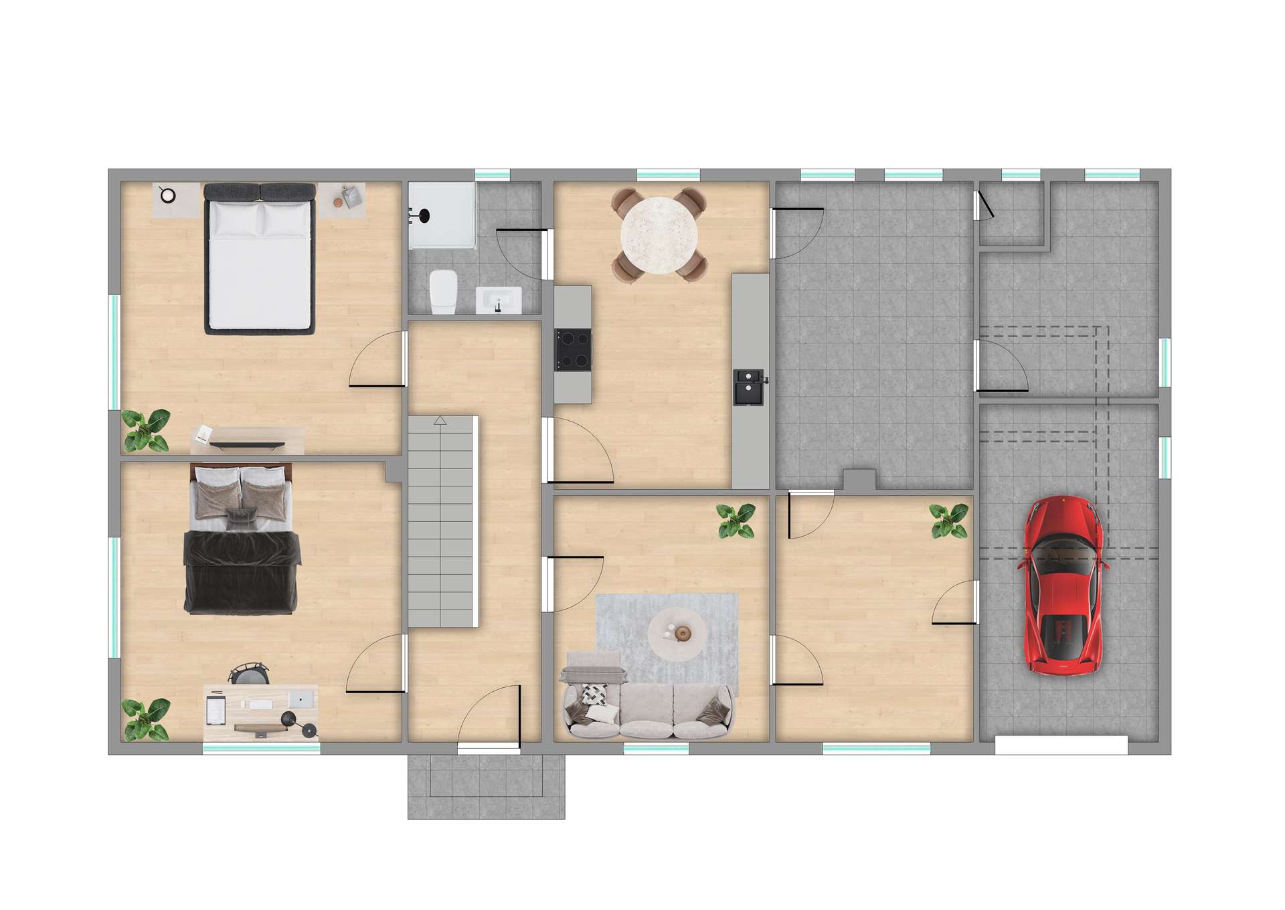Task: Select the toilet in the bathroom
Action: tap(442, 291)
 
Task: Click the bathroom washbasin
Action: tap(499, 300)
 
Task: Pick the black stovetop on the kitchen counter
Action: tap(574, 349)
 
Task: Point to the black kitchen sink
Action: tap(749, 387)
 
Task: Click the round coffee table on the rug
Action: tap(677, 632)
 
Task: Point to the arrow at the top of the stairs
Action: tap(440, 420)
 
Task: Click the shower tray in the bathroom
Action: tap(442, 214)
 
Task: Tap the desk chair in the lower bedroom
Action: tap(249, 672)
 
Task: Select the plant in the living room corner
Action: tap(736, 521)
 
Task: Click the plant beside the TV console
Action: tap(146, 430)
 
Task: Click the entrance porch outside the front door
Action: tap(486, 786)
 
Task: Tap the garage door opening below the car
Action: tap(1061, 745)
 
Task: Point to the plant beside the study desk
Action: tap(145, 719)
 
